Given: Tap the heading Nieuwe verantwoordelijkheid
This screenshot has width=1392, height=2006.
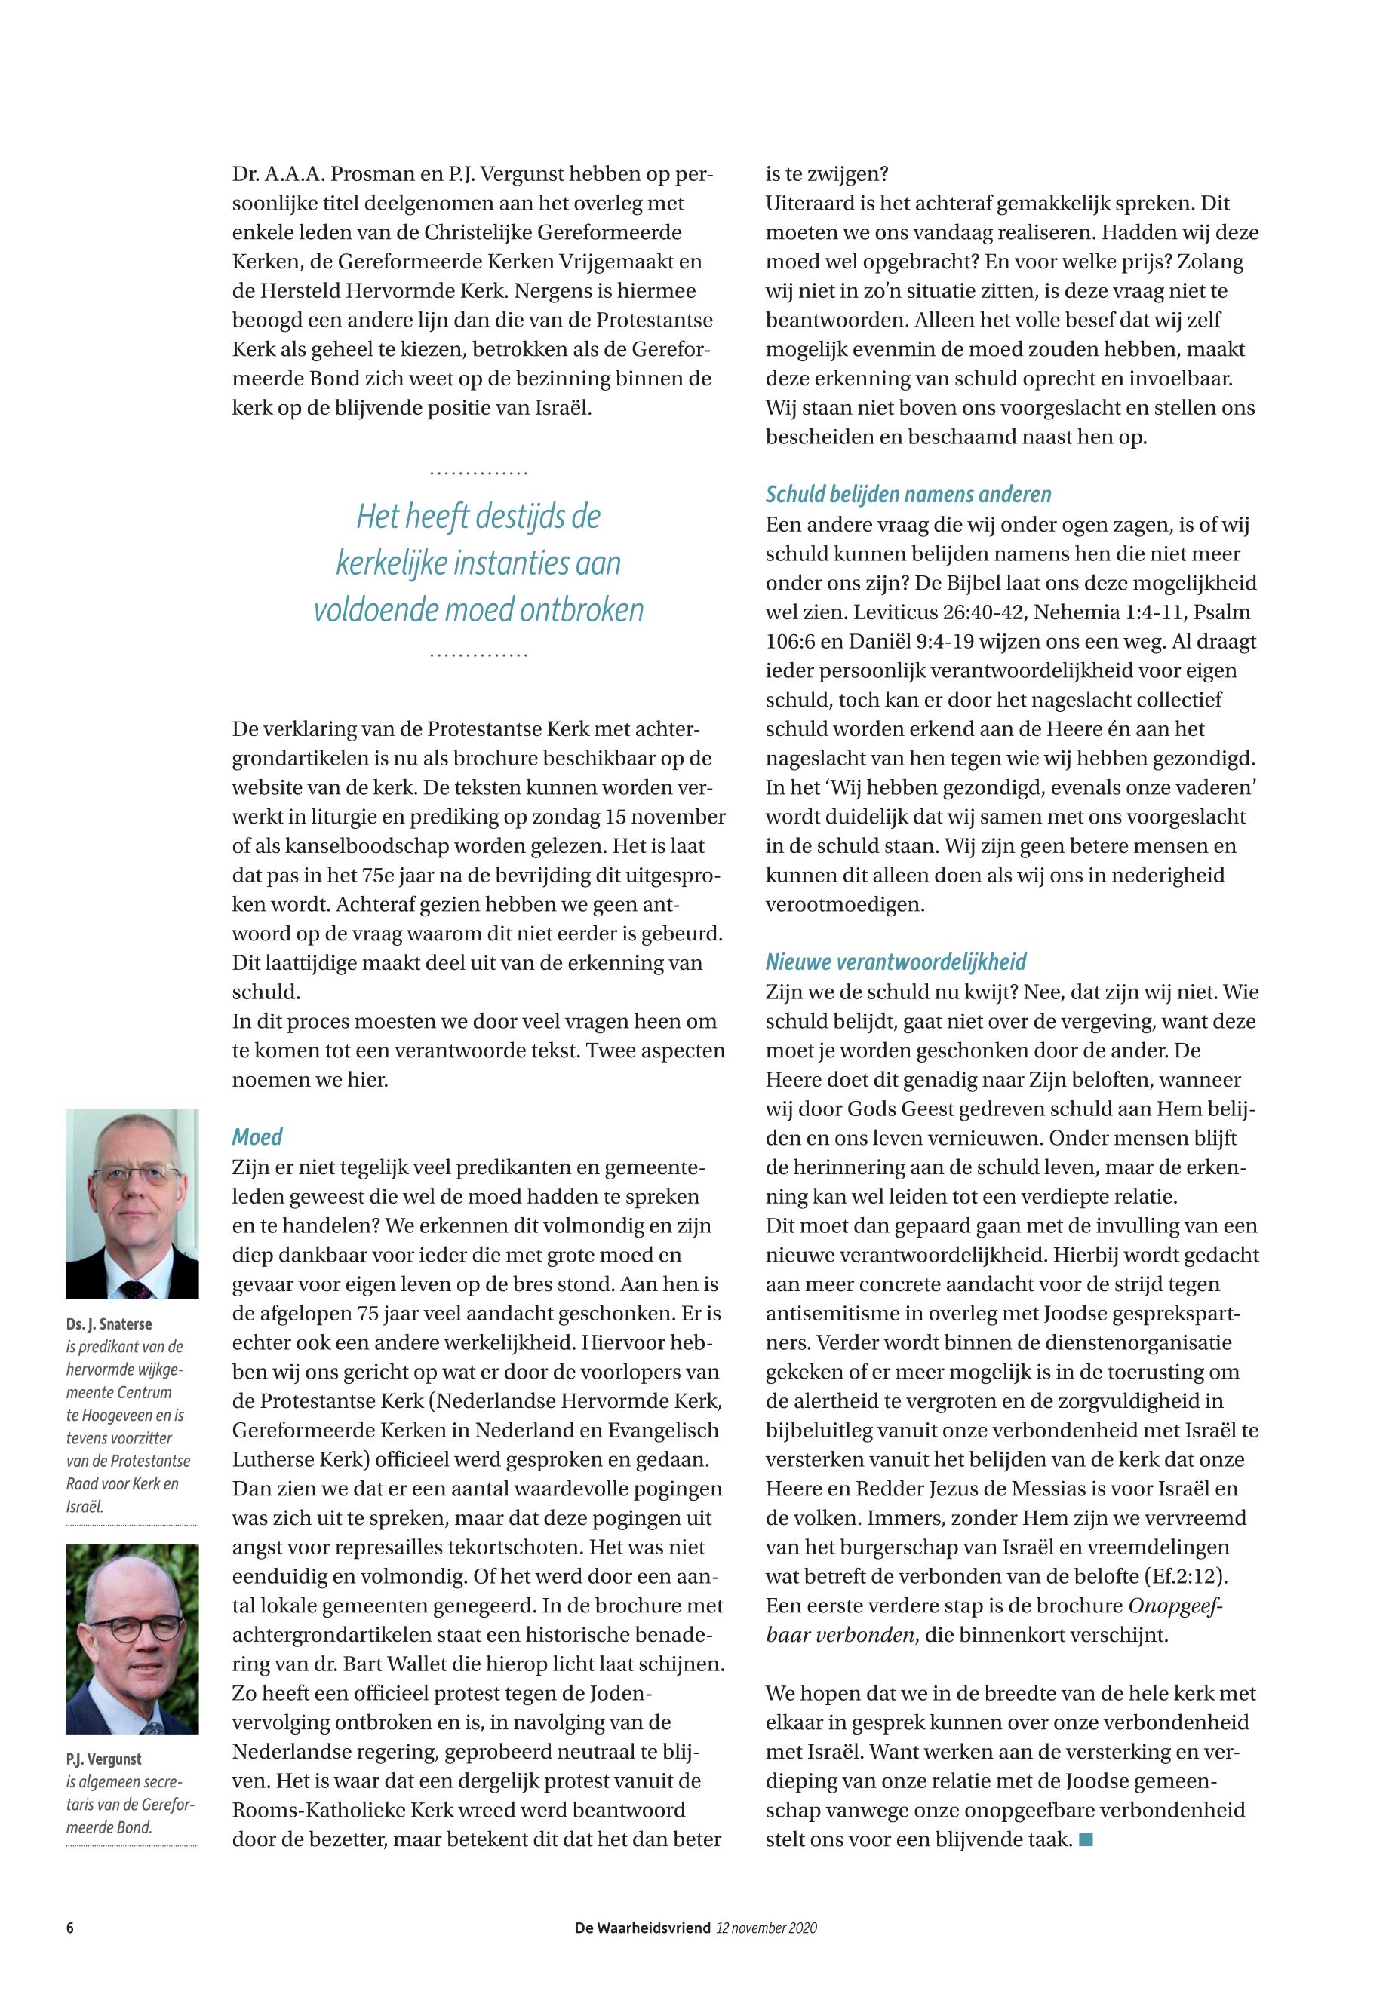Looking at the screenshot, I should (x=896, y=962).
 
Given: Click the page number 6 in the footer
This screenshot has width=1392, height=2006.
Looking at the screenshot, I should (x=69, y=1928).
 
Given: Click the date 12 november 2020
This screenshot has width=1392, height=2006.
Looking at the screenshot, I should (x=767, y=1928).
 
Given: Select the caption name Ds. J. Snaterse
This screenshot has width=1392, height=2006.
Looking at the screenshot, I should (x=109, y=1324).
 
